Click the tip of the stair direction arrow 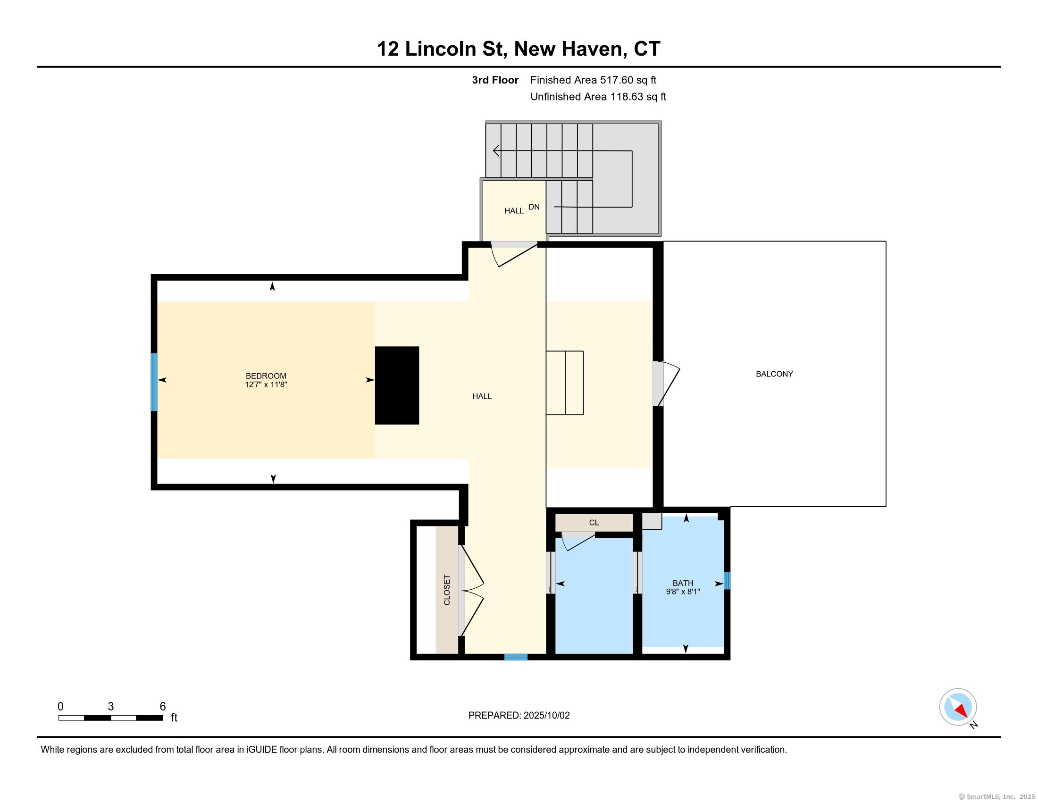494,150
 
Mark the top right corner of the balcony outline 886,242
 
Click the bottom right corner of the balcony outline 886,507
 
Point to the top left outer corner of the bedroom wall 151,275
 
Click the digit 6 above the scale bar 163,707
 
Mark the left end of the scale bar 59,718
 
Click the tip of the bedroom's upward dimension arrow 272,282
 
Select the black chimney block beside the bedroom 397,385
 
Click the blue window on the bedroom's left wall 154,382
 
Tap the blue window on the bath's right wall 727,581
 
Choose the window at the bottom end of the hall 516,657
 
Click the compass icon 958,707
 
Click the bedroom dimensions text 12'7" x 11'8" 266,384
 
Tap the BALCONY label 774,374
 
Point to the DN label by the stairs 534,207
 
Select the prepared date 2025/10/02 546,716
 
